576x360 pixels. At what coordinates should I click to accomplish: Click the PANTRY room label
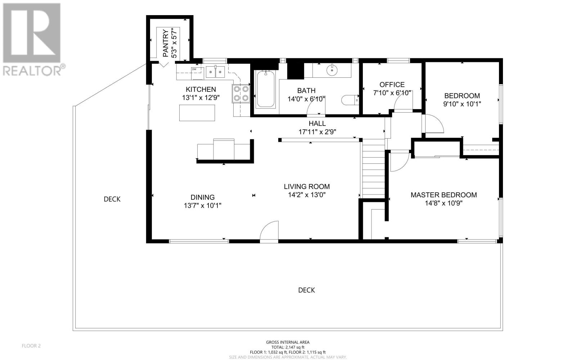(x=166, y=43)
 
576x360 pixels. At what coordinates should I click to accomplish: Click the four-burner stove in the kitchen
(x=241, y=94)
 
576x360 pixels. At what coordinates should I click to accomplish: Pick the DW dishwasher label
(x=194, y=69)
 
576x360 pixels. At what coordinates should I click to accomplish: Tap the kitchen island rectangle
(x=197, y=113)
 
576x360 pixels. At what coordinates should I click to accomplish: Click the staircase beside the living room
(x=373, y=169)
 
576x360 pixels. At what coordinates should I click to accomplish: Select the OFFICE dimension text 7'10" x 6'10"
(x=392, y=93)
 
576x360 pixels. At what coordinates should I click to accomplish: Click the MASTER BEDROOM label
(x=444, y=195)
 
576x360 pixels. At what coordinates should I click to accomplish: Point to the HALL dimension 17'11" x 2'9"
(x=317, y=132)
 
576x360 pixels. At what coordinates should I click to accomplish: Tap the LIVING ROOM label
(x=307, y=186)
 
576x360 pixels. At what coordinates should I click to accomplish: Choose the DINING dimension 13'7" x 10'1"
(x=202, y=206)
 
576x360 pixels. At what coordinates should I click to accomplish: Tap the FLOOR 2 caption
(x=31, y=346)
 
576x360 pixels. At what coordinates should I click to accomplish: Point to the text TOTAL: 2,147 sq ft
(x=288, y=347)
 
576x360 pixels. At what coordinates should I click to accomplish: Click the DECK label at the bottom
(x=306, y=290)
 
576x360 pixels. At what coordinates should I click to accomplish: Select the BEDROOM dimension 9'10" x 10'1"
(x=462, y=104)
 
